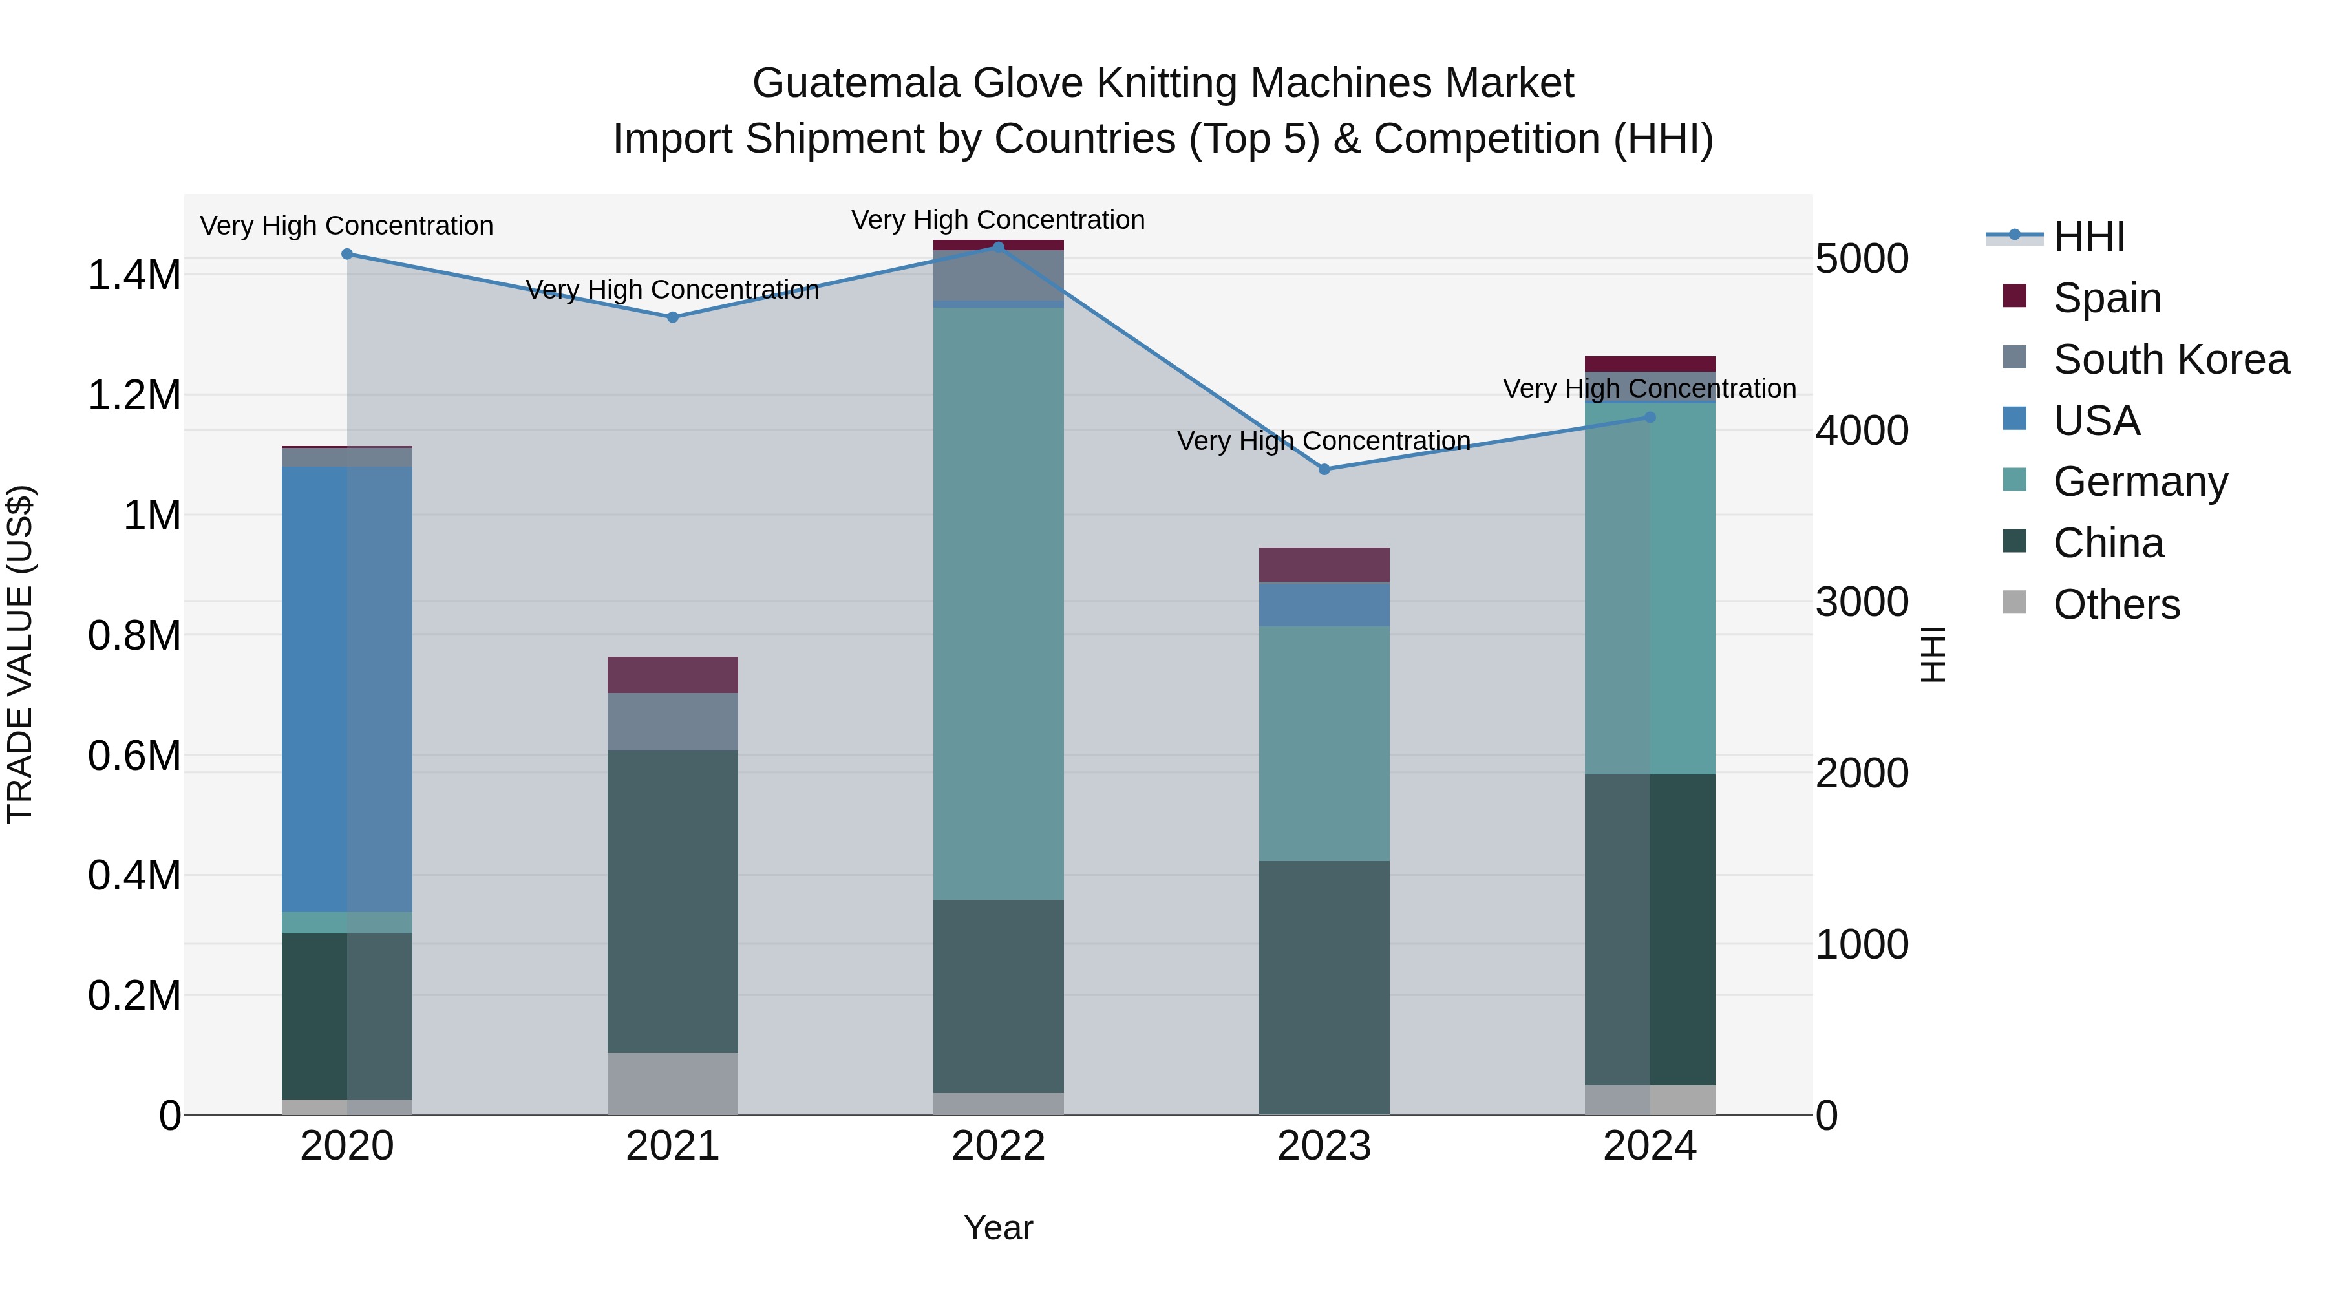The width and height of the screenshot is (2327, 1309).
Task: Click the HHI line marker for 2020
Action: [x=347, y=254]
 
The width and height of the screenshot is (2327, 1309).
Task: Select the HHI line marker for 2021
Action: [x=672, y=317]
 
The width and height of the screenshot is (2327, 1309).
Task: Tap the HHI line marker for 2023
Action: [x=1324, y=469]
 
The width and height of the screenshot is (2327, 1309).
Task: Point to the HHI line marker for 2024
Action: [x=1650, y=418]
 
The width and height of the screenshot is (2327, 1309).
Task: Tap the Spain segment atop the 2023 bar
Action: [x=1324, y=564]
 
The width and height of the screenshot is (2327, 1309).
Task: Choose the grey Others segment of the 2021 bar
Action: [x=672, y=1083]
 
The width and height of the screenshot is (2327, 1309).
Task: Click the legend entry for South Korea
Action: [x=2171, y=359]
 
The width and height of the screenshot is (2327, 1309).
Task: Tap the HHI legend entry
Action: [x=2088, y=237]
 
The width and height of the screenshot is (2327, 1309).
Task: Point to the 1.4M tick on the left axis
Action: [x=134, y=275]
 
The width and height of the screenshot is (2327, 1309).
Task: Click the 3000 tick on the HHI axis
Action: [x=1862, y=602]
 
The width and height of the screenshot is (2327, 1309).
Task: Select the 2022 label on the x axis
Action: [x=998, y=1146]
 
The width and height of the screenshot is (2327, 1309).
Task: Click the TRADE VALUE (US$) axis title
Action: [x=20, y=654]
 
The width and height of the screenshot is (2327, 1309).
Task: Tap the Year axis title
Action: [x=998, y=1228]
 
